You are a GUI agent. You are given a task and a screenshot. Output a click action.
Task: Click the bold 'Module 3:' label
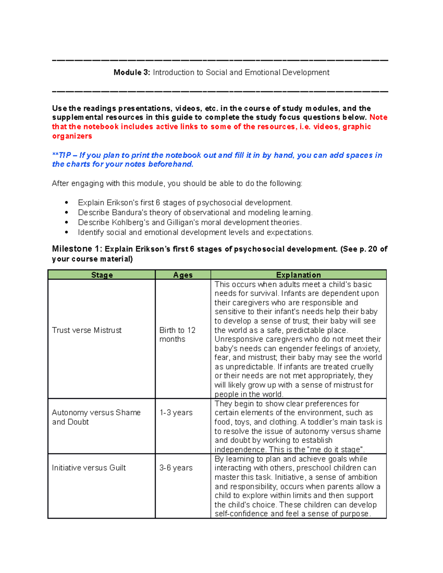tap(131, 72)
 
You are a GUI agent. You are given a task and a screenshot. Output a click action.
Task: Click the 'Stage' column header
tap(102, 275)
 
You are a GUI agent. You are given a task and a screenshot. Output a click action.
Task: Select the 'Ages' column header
tap(183, 275)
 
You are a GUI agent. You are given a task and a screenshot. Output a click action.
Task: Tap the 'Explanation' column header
tap(298, 275)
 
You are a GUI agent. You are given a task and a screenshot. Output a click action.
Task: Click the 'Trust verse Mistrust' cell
tap(87, 330)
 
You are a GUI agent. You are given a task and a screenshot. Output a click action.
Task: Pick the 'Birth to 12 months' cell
tap(177, 335)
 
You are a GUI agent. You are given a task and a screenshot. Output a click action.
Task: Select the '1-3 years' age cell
tap(176, 413)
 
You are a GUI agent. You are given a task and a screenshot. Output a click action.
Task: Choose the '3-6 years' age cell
tap(176, 468)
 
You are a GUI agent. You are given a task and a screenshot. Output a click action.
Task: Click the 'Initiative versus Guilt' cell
tap(89, 468)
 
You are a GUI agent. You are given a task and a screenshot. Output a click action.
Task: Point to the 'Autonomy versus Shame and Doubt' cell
tap(96, 417)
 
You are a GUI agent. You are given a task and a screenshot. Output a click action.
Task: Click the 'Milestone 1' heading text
tap(76, 249)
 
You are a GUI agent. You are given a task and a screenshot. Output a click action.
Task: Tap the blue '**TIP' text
tap(61, 155)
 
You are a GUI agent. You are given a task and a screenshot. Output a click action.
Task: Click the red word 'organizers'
tap(72, 136)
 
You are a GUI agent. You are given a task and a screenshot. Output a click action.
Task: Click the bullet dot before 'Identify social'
tap(66, 232)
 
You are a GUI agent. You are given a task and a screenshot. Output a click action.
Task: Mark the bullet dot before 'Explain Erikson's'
tap(66, 203)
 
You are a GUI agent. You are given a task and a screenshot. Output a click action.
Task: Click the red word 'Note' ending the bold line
tap(378, 117)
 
